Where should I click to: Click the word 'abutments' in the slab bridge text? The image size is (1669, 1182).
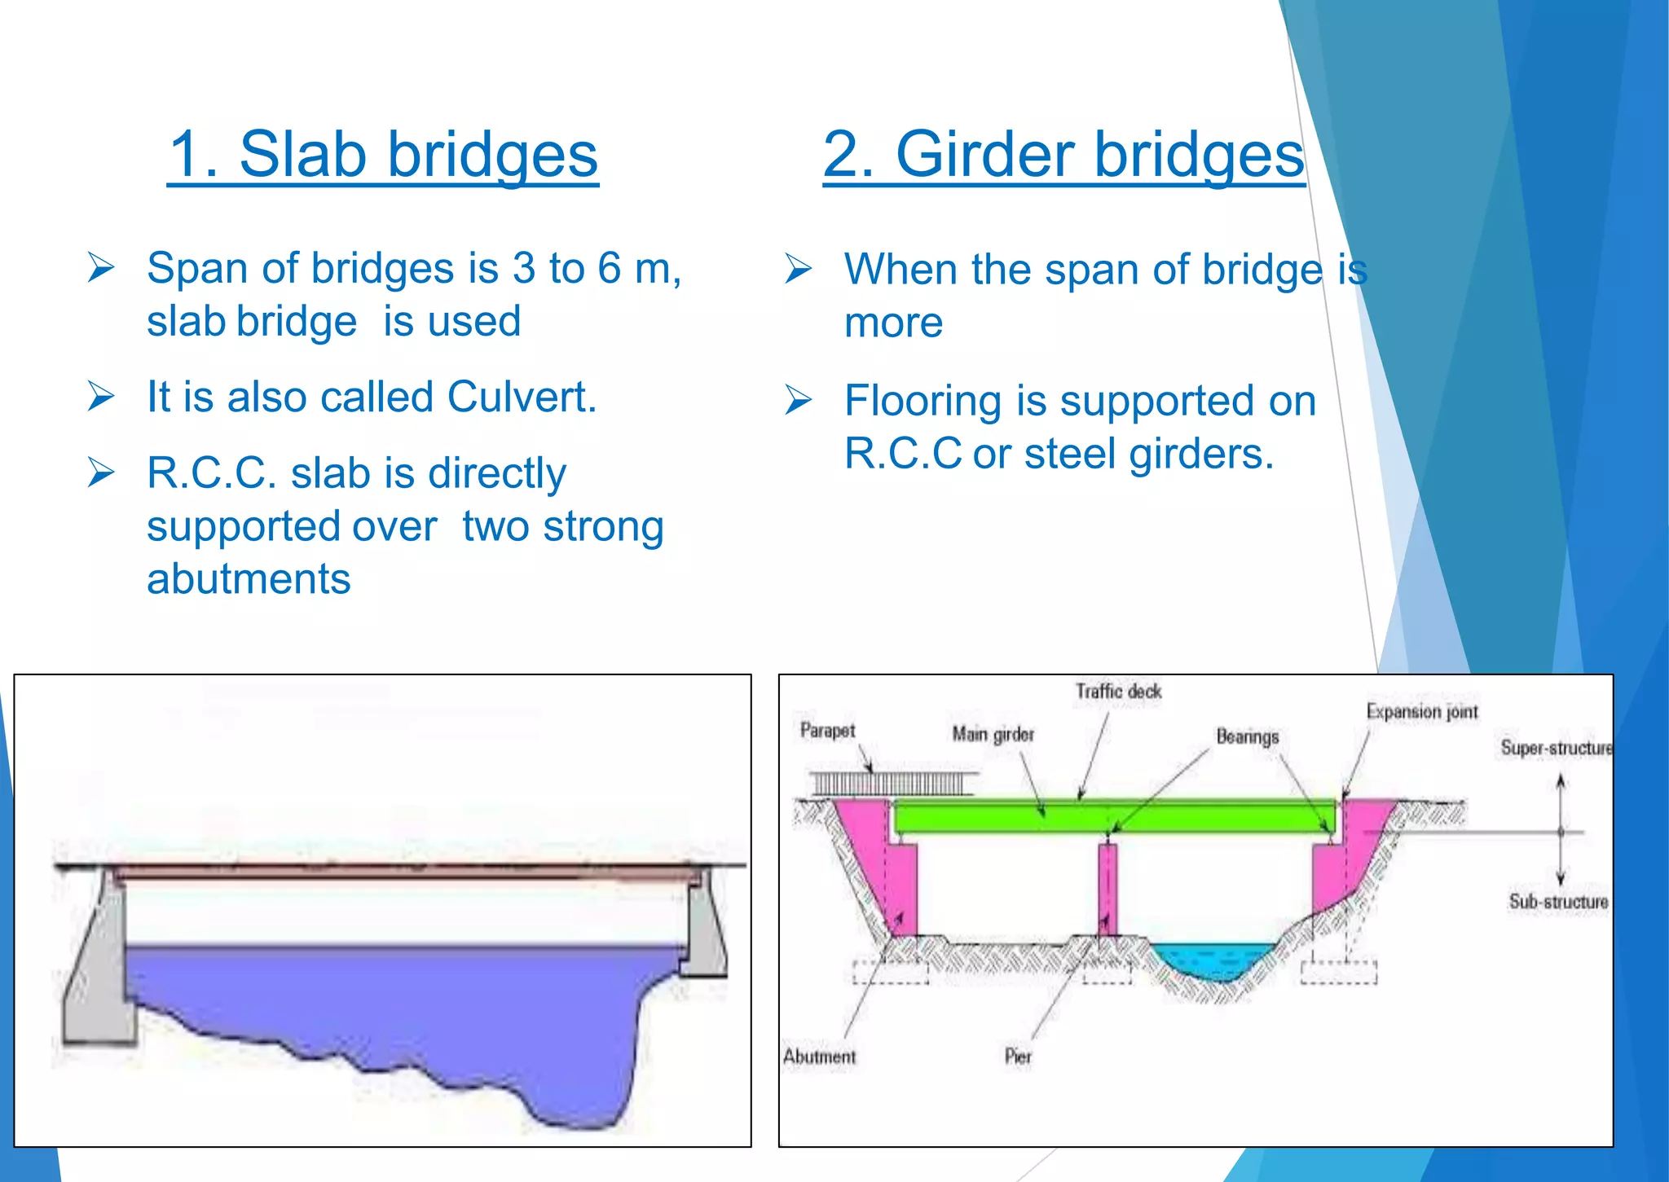tap(249, 579)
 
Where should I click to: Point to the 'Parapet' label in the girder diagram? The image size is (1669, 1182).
tap(827, 730)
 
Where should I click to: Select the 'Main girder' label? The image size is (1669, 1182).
tap(993, 734)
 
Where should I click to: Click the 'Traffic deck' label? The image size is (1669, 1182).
tap(1118, 692)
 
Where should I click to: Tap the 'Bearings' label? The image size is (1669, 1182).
tap(1247, 736)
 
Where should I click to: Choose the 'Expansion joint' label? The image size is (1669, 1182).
tap(1421, 711)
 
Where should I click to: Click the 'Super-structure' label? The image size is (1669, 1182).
tap(1556, 748)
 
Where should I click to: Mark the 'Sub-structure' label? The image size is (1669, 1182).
tap(1558, 902)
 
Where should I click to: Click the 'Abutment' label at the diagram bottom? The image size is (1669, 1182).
tap(819, 1057)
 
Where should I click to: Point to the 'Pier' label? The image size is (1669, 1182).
tap(1018, 1057)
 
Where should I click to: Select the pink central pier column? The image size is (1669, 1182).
tap(1108, 888)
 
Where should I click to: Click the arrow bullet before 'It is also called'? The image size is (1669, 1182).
tap(101, 397)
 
